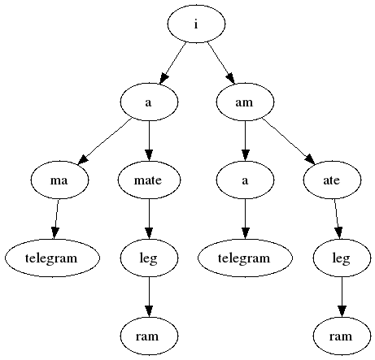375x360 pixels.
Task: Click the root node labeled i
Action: (x=196, y=24)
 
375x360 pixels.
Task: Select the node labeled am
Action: (x=245, y=102)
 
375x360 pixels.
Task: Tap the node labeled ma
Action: (x=59, y=180)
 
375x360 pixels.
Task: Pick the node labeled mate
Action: (x=149, y=180)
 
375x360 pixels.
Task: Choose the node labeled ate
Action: (x=332, y=180)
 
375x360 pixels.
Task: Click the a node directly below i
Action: (x=149, y=102)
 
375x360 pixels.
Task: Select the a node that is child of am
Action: (x=245, y=180)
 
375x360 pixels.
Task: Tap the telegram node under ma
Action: (x=52, y=258)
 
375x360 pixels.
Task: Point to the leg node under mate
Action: (x=149, y=258)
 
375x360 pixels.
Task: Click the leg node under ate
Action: (x=342, y=258)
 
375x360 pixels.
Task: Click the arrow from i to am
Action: (x=221, y=63)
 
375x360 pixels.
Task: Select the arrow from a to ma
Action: (x=105, y=141)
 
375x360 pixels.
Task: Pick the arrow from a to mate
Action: (x=149, y=141)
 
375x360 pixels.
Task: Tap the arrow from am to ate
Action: (x=289, y=141)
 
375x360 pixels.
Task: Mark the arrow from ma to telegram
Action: (x=56, y=219)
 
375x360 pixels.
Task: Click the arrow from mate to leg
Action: (x=149, y=219)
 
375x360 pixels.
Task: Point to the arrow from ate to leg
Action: (x=337, y=219)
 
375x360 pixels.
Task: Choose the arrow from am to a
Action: (x=245, y=141)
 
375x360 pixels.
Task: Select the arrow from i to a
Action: (x=172, y=63)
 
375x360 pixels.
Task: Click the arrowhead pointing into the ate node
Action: (x=311, y=160)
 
